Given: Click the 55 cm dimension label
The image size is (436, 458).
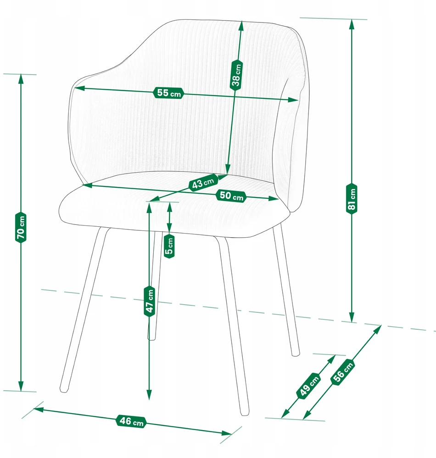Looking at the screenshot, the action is click(168, 93).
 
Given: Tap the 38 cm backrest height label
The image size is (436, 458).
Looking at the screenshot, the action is click(236, 76).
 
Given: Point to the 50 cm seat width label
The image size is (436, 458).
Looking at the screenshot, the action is click(231, 196).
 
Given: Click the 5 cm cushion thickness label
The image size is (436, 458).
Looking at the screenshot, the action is click(169, 246).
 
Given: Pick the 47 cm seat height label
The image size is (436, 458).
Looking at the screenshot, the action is click(150, 301).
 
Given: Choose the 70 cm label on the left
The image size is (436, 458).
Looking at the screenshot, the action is click(21, 227).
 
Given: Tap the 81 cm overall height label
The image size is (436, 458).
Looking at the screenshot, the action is click(352, 199).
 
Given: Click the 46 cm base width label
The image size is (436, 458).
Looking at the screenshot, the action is click(131, 421).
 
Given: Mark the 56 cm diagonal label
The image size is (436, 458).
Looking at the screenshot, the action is click(343, 372).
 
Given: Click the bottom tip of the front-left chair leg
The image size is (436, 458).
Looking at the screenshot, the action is click(63, 390).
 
